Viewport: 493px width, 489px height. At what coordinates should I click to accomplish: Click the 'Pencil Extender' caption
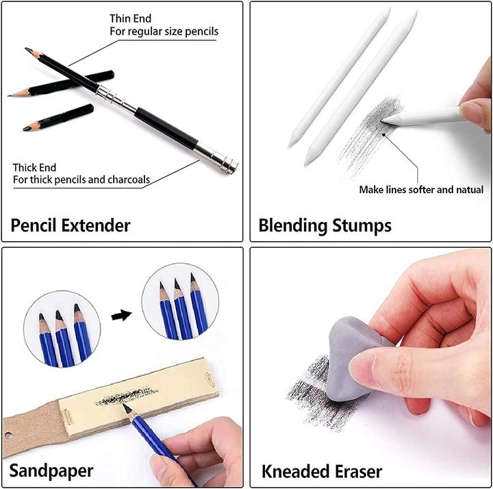tap(71, 225)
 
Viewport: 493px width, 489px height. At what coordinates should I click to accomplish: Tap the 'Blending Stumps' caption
tap(325, 225)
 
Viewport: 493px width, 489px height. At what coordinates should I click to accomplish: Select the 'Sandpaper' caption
tap(51, 470)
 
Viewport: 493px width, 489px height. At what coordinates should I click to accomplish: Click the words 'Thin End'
tap(131, 18)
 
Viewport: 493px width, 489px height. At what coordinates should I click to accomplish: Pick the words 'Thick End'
tap(35, 167)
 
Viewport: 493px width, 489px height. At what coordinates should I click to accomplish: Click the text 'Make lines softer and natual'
tap(421, 190)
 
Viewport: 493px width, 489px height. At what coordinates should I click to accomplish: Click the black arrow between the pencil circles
tap(121, 316)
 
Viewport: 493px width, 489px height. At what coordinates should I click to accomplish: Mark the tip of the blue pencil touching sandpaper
tap(125, 407)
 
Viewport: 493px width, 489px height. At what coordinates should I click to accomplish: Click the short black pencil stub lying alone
tap(58, 118)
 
